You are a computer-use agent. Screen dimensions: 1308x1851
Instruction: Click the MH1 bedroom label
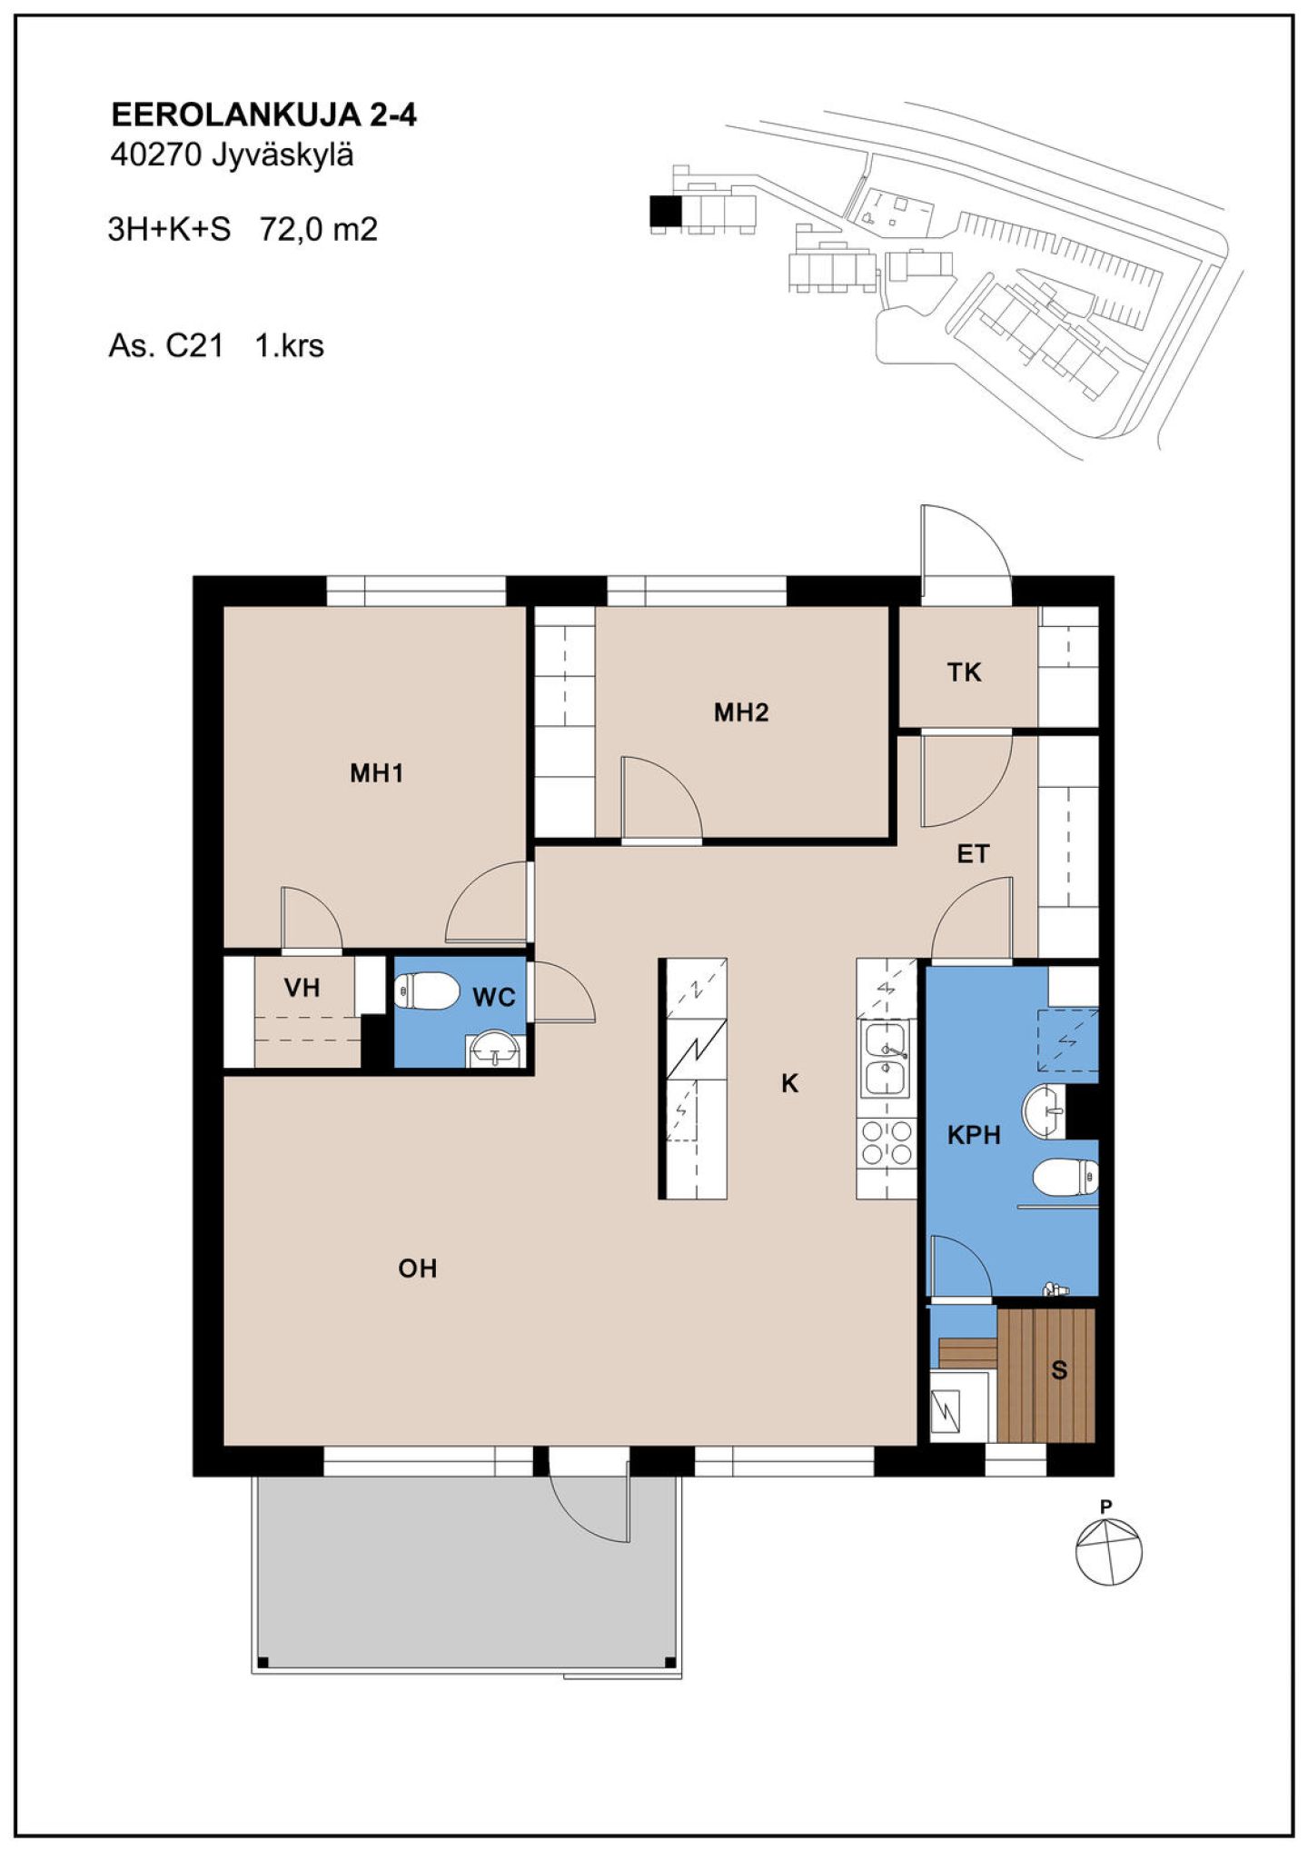tap(376, 773)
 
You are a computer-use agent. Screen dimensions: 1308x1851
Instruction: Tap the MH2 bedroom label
tap(741, 712)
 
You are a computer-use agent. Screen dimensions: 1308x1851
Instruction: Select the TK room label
tap(964, 672)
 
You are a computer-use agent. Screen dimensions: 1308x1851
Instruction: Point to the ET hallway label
tap(973, 854)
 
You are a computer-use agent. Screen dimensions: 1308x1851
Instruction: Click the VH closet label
tap(302, 988)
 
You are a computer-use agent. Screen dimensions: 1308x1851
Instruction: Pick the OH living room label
tap(418, 1269)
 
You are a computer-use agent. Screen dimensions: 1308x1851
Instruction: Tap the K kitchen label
tap(790, 1083)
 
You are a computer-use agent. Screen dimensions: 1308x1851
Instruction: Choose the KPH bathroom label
tap(974, 1135)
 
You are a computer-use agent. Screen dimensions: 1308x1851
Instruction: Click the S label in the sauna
tap(1059, 1370)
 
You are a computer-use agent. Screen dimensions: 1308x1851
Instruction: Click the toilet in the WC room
tap(427, 990)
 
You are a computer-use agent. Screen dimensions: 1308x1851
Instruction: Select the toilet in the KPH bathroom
tap(1065, 1178)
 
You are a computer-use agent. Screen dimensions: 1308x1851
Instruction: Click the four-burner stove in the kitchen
tap(887, 1142)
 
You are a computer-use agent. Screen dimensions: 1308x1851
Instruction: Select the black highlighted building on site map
tap(666, 212)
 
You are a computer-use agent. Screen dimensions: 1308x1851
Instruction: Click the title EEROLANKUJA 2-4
tap(263, 115)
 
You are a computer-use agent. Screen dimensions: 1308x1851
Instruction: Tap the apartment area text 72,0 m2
tap(319, 229)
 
